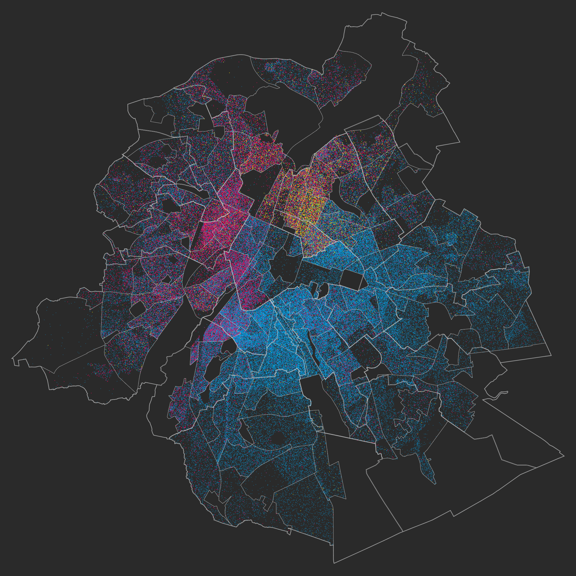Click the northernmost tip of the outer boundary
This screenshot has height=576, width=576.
[x=382, y=12]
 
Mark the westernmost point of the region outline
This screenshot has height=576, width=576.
[x=12, y=358]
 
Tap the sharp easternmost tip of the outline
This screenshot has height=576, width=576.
[x=564, y=456]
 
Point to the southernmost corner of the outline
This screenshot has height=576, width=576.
[x=334, y=563]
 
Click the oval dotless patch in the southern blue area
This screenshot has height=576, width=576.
[x=279, y=438]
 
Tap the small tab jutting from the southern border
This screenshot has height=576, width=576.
[x=289, y=532]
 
